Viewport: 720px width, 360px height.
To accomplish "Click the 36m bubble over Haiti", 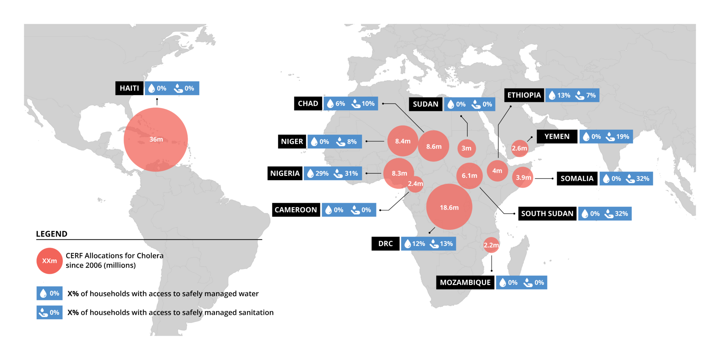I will [x=156, y=140].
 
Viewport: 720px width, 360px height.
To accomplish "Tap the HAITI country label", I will [x=129, y=88].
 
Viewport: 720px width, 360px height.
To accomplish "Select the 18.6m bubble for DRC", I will [x=449, y=207].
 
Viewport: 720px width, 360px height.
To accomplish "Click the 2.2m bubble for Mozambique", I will [x=491, y=245].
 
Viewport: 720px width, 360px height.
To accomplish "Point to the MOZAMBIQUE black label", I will [x=465, y=282].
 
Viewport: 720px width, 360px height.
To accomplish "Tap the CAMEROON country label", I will [x=296, y=210].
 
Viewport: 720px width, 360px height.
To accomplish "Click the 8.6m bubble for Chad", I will [x=433, y=147].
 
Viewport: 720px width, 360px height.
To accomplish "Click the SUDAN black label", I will [x=425, y=104].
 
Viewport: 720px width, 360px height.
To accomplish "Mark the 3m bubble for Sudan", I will [x=467, y=148].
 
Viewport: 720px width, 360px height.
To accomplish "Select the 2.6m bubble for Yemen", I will [x=519, y=148].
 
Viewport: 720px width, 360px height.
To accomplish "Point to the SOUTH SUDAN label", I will [x=547, y=213].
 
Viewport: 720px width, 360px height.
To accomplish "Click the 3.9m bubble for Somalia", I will [x=523, y=178].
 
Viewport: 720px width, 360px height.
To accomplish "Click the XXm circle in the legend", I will [x=50, y=261].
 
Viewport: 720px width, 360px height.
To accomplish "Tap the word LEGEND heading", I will [x=52, y=234].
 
